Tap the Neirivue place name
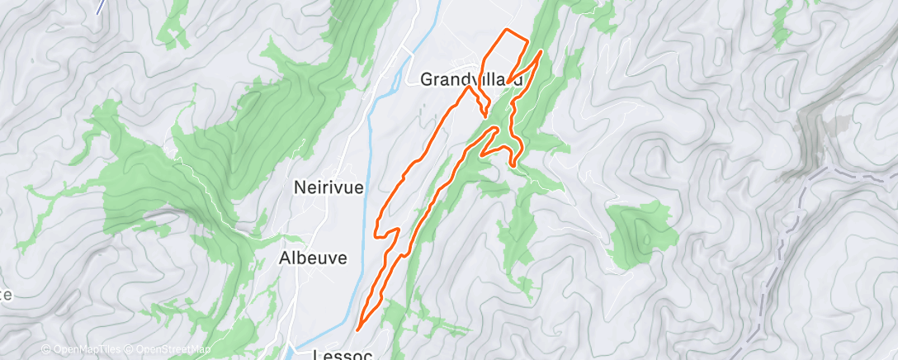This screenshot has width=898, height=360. pyautogui.click(x=328, y=187)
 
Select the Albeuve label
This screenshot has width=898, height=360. pyautogui.click(x=312, y=258)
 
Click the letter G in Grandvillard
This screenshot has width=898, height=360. pyautogui.click(x=427, y=80)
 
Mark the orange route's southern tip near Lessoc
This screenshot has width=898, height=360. pyautogui.click(x=357, y=329)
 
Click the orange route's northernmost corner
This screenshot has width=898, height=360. pyautogui.click(x=505, y=31)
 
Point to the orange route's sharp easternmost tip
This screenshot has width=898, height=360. pyautogui.click(x=541, y=52)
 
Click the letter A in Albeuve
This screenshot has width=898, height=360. pyautogui.click(x=282, y=258)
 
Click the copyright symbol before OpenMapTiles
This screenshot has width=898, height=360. pyautogui.click(x=46, y=348)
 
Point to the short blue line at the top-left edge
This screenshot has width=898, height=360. pyautogui.click(x=101, y=7)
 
